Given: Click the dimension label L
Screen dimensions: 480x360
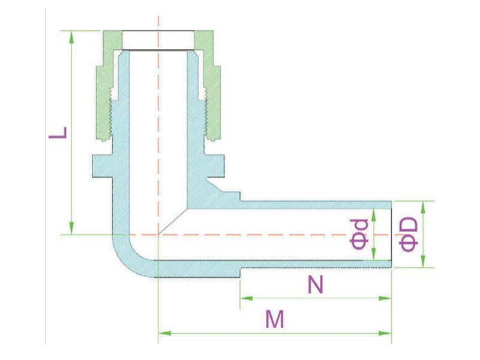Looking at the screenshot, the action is (58, 133).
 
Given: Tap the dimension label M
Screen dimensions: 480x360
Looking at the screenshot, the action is (275, 319).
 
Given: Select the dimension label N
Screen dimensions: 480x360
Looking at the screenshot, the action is (316, 284).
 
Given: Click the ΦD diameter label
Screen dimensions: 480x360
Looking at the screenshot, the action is (409, 234).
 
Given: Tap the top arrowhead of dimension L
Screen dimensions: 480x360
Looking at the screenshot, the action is (71, 37).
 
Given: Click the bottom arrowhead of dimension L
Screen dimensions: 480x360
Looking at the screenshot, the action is (71, 229).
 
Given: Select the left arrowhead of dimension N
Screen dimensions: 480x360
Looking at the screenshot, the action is (247, 298).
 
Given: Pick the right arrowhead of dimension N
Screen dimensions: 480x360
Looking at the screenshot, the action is (385, 298).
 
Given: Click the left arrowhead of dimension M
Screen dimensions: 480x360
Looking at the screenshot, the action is (164, 333).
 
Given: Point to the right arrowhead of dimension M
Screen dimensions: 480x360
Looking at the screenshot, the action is (385, 333).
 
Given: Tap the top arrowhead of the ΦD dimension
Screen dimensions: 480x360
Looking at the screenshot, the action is (423, 207).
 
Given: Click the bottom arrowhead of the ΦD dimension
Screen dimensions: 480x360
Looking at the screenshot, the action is (423, 262).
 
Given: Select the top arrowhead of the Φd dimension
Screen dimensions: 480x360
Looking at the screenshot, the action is (373, 215).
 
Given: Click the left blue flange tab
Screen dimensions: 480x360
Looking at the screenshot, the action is (102, 166).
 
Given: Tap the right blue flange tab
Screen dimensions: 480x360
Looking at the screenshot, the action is (214, 166).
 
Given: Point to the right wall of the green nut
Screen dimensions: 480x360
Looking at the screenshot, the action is (211, 92).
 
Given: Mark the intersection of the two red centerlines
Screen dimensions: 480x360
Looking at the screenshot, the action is (158, 235).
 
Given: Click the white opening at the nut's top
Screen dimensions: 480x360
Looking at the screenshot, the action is (158, 40).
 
